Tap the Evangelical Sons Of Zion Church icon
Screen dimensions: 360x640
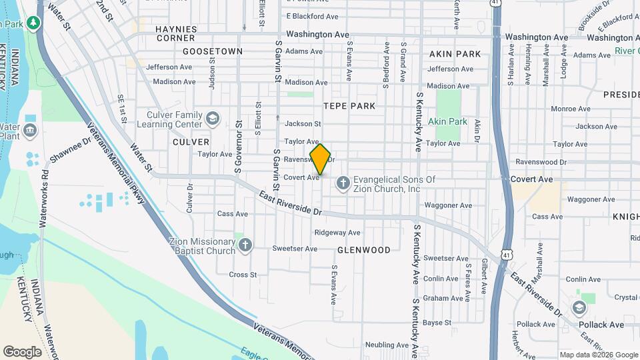click(343, 182)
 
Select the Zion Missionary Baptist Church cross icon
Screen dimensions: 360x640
click(245, 245)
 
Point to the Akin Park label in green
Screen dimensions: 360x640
click(448, 122)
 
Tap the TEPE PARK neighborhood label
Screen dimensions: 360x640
click(349, 106)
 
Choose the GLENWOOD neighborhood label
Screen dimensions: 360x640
click(363, 250)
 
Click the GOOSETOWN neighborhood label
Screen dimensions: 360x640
click(213, 51)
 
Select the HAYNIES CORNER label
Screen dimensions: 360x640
click(176, 33)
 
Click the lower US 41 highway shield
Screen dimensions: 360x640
click(508, 254)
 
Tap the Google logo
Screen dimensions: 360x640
click(22, 352)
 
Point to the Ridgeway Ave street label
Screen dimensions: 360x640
click(337, 233)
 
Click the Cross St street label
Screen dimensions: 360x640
click(243, 275)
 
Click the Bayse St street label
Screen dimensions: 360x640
click(437, 323)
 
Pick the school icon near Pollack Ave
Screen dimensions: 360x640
click(579, 307)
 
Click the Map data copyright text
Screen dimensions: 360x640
click(598, 355)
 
